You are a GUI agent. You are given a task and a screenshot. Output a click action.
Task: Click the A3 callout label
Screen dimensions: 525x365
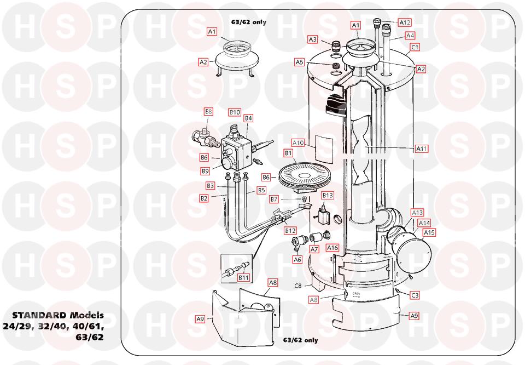tap(312, 39)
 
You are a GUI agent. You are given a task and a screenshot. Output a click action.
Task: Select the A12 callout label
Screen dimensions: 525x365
tap(405, 22)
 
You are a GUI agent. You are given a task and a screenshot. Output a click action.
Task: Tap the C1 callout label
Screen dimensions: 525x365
tap(415, 47)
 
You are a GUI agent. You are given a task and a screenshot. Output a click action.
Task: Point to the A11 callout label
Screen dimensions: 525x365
tap(422, 149)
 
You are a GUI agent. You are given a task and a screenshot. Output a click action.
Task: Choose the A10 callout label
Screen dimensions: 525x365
tap(298, 143)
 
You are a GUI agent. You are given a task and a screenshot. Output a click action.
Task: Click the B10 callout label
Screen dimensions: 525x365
tap(235, 112)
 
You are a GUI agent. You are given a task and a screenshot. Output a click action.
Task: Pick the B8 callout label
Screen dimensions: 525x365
tap(208, 111)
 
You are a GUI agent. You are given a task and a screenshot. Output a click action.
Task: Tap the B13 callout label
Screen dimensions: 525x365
tap(328, 195)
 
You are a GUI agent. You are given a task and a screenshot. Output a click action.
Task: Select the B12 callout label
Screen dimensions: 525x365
tap(290, 231)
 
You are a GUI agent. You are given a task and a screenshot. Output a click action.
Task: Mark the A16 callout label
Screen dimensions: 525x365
tap(332, 248)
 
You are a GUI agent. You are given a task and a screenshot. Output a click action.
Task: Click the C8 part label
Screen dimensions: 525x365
tap(298, 286)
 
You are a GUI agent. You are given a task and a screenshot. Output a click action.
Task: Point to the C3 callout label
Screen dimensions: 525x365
tap(415, 295)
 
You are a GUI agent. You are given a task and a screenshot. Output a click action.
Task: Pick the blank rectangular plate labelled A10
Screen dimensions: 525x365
tap(324, 149)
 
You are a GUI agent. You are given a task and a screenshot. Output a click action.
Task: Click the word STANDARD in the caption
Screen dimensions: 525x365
tap(39, 315)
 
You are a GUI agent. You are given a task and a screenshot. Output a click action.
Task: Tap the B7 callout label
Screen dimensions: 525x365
tap(274, 199)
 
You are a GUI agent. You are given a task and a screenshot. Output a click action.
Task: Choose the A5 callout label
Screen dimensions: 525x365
tap(299, 62)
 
